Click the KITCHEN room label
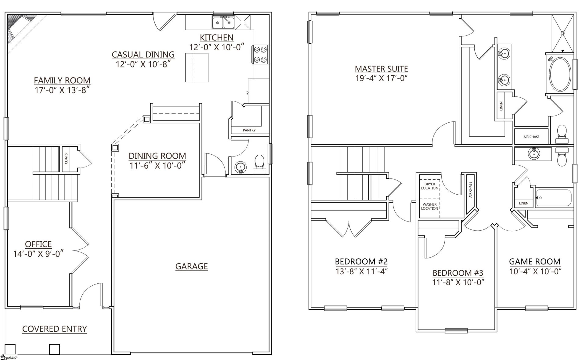point(216,38)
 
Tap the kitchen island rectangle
point(197,67)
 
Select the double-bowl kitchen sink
point(223,23)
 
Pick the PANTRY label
point(249,130)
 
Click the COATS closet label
point(66,158)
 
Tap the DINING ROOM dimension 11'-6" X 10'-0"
point(157,166)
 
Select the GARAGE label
point(191,266)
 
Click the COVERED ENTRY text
point(55,329)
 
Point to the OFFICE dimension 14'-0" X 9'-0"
point(38,254)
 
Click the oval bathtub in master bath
point(560,74)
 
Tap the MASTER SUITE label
point(381,69)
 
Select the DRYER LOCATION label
point(429,186)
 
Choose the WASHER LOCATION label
point(429,206)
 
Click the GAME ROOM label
point(534,261)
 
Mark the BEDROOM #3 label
point(458,273)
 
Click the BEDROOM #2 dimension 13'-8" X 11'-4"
point(361,271)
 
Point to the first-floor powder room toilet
point(259,163)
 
